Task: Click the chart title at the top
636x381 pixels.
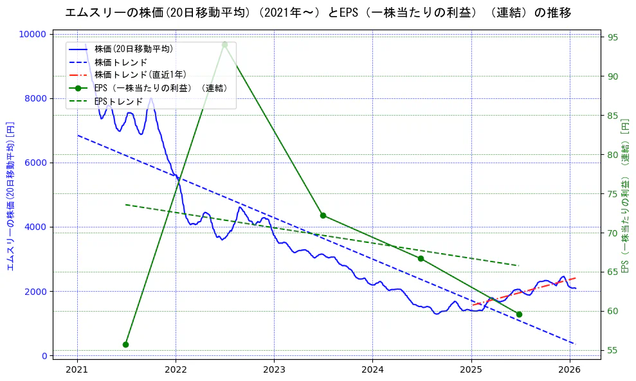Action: click(x=318, y=12)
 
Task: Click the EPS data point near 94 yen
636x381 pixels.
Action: click(x=224, y=44)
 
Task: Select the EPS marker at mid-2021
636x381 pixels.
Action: click(x=126, y=344)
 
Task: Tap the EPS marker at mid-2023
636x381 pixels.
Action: click(x=323, y=215)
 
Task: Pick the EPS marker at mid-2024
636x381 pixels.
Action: click(x=421, y=258)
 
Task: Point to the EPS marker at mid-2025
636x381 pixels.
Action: click(x=519, y=314)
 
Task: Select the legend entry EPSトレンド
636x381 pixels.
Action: click(x=119, y=101)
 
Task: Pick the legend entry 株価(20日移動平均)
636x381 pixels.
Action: click(x=133, y=48)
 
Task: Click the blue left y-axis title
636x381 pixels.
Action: click(x=10, y=195)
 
